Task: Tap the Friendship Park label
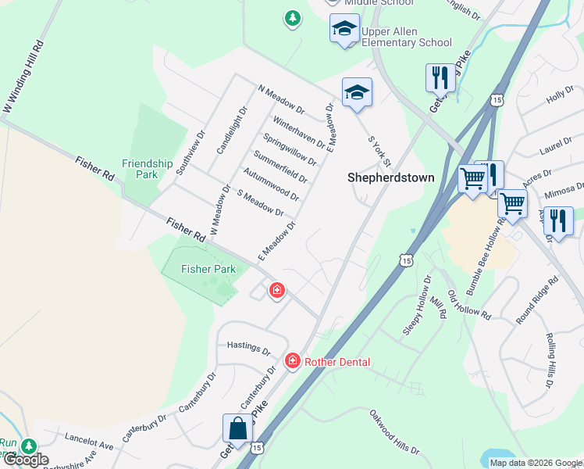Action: click(x=147, y=169)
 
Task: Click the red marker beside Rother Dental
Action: click(x=293, y=360)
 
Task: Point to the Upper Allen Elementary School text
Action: click(x=406, y=38)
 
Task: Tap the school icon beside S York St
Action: click(x=357, y=92)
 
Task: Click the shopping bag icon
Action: click(x=237, y=428)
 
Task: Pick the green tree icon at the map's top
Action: click(x=293, y=17)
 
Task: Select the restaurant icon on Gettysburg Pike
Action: click(x=440, y=78)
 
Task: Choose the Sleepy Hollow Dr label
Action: click(x=417, y=306)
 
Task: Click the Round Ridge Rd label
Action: click(x=537, y=300)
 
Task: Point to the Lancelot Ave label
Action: click(x=89, y=442)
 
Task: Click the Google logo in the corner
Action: click(x=25, y=460)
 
